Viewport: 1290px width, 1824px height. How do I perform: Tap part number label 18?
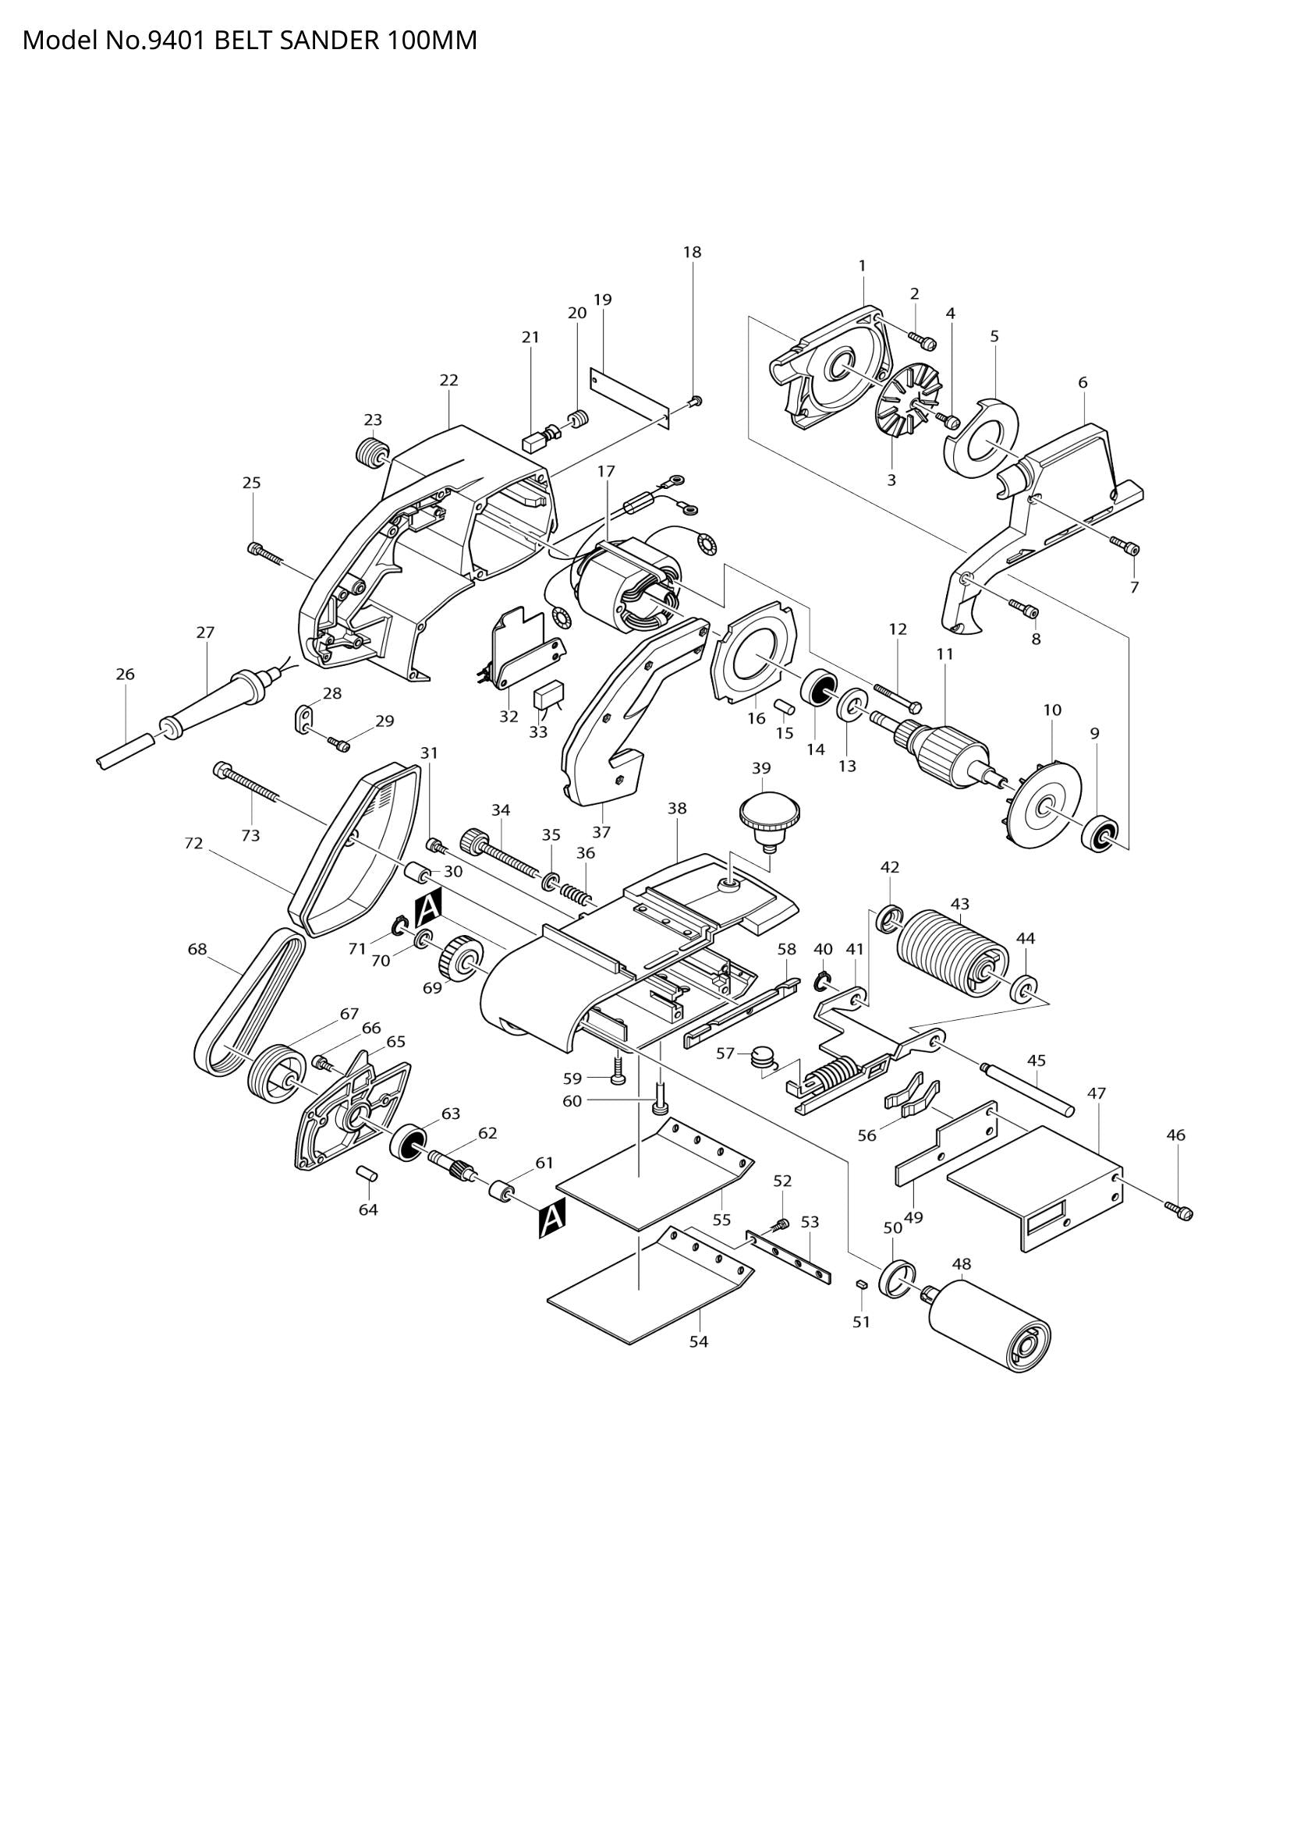[692, 253]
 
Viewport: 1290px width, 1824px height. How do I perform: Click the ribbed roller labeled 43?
[952, 951]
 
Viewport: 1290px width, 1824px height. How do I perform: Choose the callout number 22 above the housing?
[448, 381]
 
